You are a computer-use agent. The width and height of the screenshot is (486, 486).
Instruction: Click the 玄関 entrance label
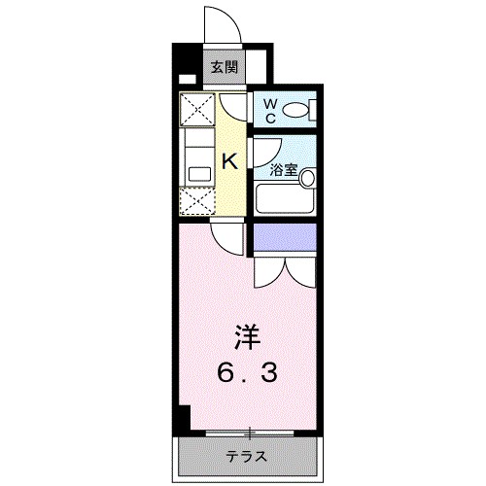[223, 68]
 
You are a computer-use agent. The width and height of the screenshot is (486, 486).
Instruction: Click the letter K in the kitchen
[230, 160]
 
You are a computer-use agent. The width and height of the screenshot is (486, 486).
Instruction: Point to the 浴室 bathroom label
[283, 169]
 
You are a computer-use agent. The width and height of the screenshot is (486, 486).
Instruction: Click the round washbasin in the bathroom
[307, 178]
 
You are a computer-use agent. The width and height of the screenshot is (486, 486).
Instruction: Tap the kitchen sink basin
[198, 173]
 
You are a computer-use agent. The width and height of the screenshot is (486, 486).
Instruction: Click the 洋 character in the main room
[247, 339]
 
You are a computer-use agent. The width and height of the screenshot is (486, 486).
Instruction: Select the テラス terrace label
[246, 456]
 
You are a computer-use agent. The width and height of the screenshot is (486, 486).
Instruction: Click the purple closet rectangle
[284, 236]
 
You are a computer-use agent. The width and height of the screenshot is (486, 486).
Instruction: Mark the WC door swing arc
[233, 106]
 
